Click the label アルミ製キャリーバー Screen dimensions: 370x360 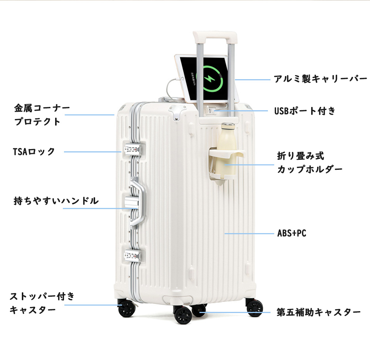pyautogui.click(x=320, y=79)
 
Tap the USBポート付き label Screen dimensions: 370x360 pyautogui.click(x=305, y=111)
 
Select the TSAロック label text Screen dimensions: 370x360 pyautogui.click(x=34, y=151)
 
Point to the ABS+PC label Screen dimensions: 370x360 pyautogui.click(x=292, y=233)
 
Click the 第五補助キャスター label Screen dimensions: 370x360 pyautogui.click(x=319, y=312)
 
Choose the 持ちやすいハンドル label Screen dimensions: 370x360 pyautogui.click(x=56, y=201)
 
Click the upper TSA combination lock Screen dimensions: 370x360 pyautogui.click(x=132, y=149)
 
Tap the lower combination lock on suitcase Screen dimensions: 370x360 pyautogui.click(x=132, y=255)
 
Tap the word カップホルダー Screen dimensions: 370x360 pyautogui.click(x=310, y=169)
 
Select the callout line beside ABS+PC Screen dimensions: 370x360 pyautogui.click(x=249, y=233)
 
